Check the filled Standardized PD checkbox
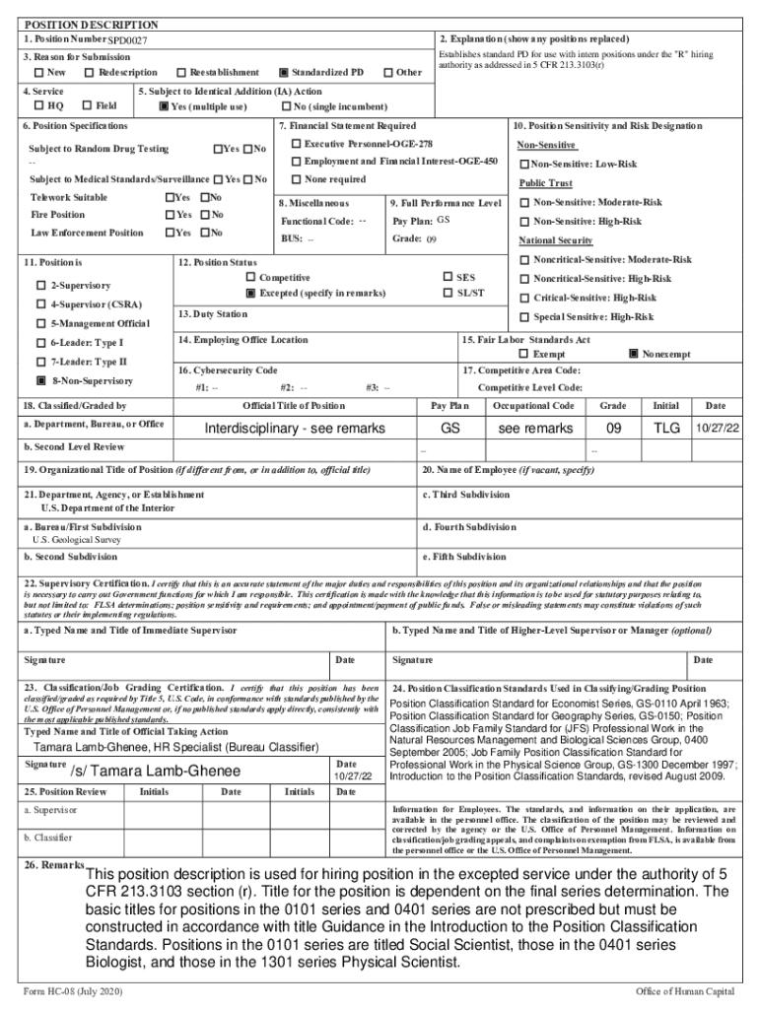284,73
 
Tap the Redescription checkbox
90,73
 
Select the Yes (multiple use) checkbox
164,106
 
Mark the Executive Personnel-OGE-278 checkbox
296,144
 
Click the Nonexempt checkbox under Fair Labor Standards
633,354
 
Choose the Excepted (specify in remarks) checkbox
251,294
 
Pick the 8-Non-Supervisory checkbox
41,380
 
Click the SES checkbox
448,278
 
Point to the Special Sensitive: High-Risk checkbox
524,316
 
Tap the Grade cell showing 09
612,429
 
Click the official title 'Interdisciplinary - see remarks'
294,429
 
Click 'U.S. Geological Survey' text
77,541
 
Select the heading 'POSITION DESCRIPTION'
91,24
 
